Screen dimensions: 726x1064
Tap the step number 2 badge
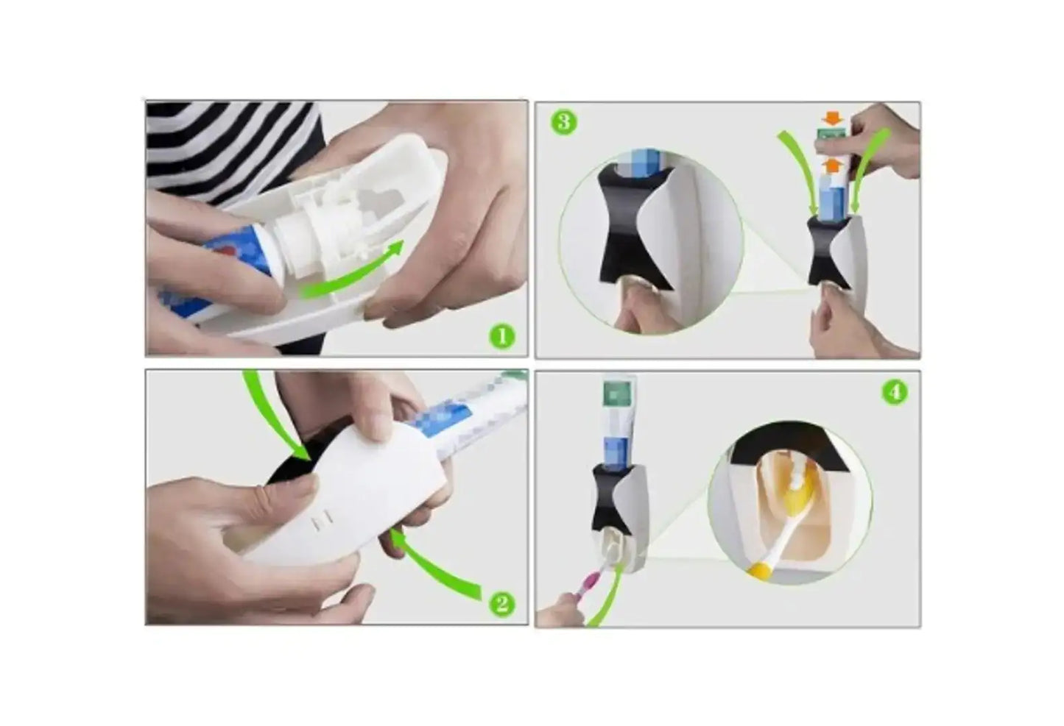(501, 604)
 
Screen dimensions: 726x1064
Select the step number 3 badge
(564, 121)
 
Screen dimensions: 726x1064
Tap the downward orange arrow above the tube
(832, 118)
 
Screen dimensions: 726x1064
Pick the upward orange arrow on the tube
(832, 165)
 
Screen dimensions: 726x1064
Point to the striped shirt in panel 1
(221, 147)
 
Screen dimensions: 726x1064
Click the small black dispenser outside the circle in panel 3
(823, 250)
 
